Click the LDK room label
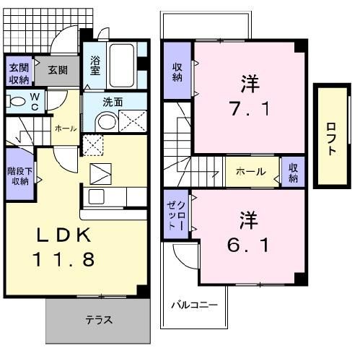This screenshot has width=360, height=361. [x=64, y=235]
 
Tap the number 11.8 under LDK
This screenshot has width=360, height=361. [x=63, y=259]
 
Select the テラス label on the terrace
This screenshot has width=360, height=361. [x=99, y=320]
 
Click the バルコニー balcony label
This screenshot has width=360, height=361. [x=194, y=305]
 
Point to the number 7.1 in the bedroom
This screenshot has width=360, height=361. [x=250, y=108]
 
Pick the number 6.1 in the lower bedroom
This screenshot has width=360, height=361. [x=248, y=245]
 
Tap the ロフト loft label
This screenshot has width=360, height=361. [x=332, y=139]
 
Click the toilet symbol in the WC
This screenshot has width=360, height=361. [x=15, y=101]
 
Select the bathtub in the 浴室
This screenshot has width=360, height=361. [x=122, y=65]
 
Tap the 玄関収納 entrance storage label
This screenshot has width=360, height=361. [x=19, y=74]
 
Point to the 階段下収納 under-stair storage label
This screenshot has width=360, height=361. [x=19, y=176]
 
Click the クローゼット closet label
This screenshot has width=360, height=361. [x=176, y=215]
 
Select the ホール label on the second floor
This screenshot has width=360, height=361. [x=251, y=172]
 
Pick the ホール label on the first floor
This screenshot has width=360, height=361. [x=66, y=129]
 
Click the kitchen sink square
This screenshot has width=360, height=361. [x=97, y=196]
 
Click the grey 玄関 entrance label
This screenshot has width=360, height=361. [x=58, y=70]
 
